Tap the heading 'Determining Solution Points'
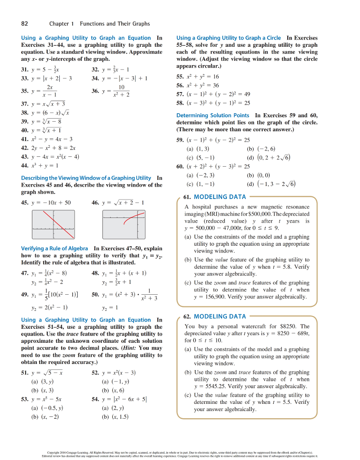pyautogui.click(x=213, y=115)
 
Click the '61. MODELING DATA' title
pyautogui.click(x=215, y=197)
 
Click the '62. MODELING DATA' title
pyautogui.click(x=215, y=318)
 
